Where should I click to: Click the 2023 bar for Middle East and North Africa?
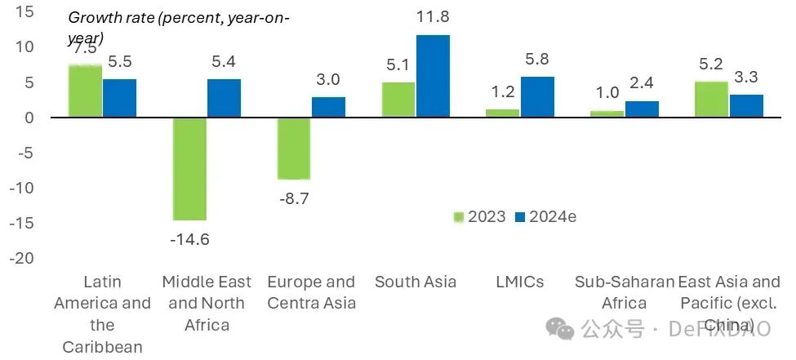189,168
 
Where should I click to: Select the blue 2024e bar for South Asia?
433,76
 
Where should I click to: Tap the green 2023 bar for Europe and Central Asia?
294,148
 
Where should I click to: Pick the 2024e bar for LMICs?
537,97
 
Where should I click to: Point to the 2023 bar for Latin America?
85,91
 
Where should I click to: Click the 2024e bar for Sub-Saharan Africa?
642,109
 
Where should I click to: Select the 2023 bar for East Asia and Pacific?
711,100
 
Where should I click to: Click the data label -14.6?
189,238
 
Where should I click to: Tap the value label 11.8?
433,17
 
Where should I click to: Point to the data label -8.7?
294,197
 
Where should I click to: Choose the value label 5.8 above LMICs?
538,60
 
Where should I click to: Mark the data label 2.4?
643,84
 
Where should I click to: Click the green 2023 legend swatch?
459,217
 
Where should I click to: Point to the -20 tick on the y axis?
24,258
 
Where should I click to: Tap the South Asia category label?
416,282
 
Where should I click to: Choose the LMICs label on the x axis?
520,282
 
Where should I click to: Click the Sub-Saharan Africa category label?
625,292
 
